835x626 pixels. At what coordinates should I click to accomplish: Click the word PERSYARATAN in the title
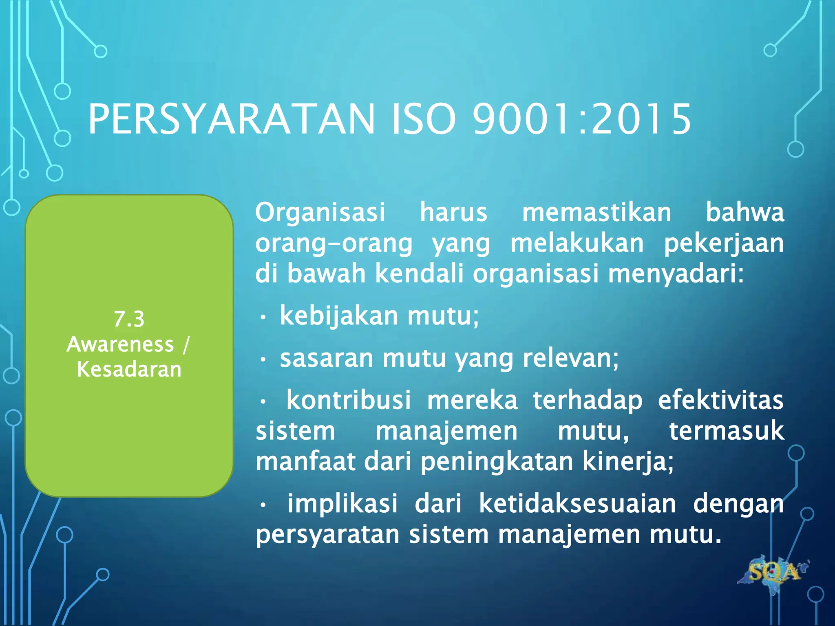[x=231, y=119]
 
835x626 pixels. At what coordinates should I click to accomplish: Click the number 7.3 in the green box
[x=129, y=319]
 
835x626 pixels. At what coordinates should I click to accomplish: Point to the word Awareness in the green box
[x=120, y=344]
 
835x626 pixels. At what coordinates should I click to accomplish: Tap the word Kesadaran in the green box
[x=129, y=370]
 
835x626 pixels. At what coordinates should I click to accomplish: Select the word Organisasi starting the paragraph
[x=320, y=212]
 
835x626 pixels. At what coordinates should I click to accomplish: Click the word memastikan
[x=596, y=212]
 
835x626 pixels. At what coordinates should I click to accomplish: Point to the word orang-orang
[x=334, y=243]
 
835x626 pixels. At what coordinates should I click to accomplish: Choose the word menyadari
[x=676, y=273]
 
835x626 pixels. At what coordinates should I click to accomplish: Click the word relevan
[x=570, y=359]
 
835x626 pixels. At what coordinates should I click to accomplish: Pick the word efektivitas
[x=720, y=400]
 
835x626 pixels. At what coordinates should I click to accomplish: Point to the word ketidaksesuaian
[x=577, y=504]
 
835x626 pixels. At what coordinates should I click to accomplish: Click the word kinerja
[x=627, y=462]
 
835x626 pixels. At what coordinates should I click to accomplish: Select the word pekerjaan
[x=724, y=243]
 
